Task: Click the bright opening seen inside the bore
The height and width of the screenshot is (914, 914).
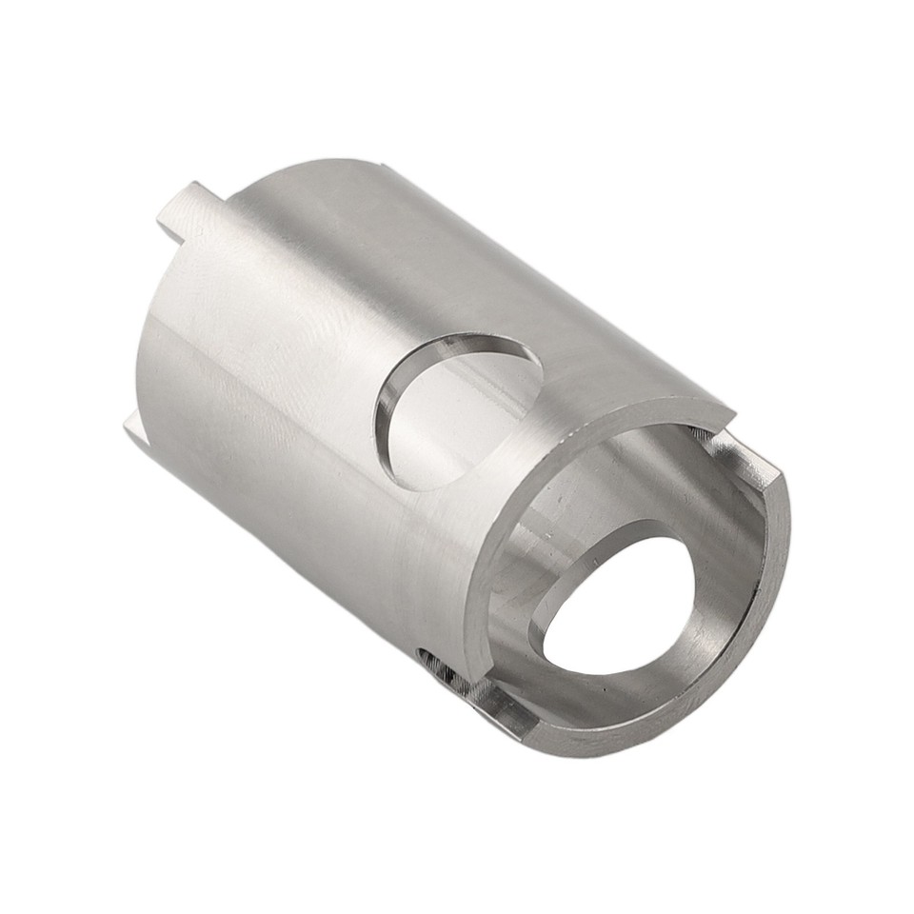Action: tap(624, 609)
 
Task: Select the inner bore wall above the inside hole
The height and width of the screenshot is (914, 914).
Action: tap(609, 476)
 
